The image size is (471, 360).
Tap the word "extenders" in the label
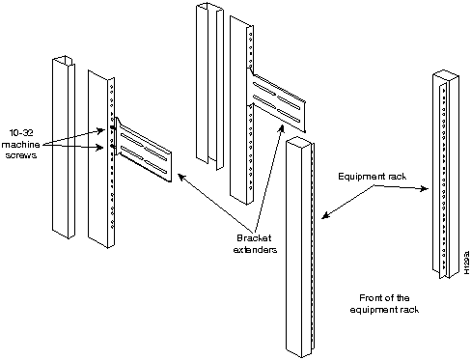point(255,250)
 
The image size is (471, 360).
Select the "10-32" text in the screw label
point(21,133)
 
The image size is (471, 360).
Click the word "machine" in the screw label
point(21,145)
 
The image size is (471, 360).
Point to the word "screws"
point(21,155)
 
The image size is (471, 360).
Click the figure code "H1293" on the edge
point(467,263)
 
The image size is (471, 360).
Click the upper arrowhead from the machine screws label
point(101,130)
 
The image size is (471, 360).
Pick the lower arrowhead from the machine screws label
point(100,148)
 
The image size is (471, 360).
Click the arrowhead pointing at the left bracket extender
point(181,177)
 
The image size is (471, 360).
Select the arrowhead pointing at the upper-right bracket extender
point(282,129)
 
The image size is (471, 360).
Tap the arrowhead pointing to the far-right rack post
point(425,189)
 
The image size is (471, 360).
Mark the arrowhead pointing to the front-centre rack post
point(325,215)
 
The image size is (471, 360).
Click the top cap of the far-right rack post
point(446,75)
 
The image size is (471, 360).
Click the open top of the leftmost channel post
point(63,61)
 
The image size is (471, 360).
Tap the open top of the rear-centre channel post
point(209,7)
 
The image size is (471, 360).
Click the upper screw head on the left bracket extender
point(112,127)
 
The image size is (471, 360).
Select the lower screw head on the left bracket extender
point(112,146)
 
